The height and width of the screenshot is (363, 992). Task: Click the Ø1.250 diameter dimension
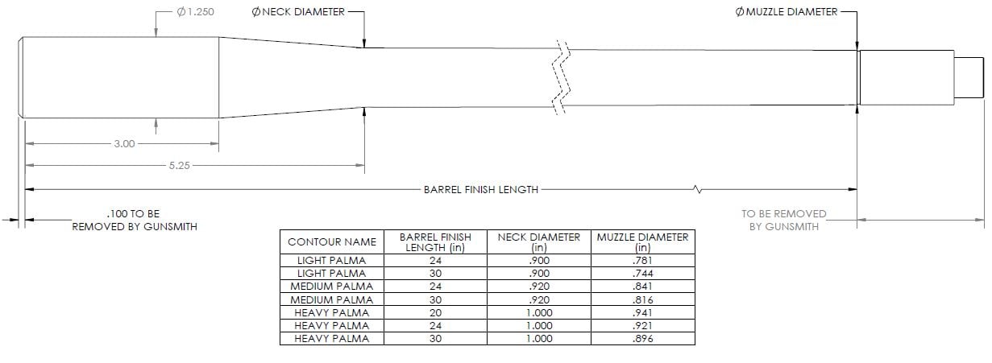pyautogui.click(x=195, y=12)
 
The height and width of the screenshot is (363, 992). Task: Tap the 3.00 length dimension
pyautogui.click(x=124, y=144)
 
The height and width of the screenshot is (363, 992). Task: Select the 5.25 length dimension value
pyautogui.click(x=180, y=165)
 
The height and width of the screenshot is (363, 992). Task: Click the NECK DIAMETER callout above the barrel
pyautogui.click(x=298, y=12)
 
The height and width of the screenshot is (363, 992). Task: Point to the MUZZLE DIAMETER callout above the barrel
pyautogui.click(x=787, y=12)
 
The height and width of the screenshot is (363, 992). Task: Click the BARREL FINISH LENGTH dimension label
pyautogui.click(x=481, y=190)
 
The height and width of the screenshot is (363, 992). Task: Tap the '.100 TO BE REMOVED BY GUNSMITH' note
pyautogui.click(x=135, y=221)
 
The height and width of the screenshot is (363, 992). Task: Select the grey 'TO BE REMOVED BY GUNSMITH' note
pyautogui.click(x=784, y=221)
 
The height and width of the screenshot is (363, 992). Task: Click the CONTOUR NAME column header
pyautogui.click(x=332, y=241)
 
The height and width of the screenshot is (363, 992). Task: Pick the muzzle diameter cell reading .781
pyautogui.click(x=642, y=261)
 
